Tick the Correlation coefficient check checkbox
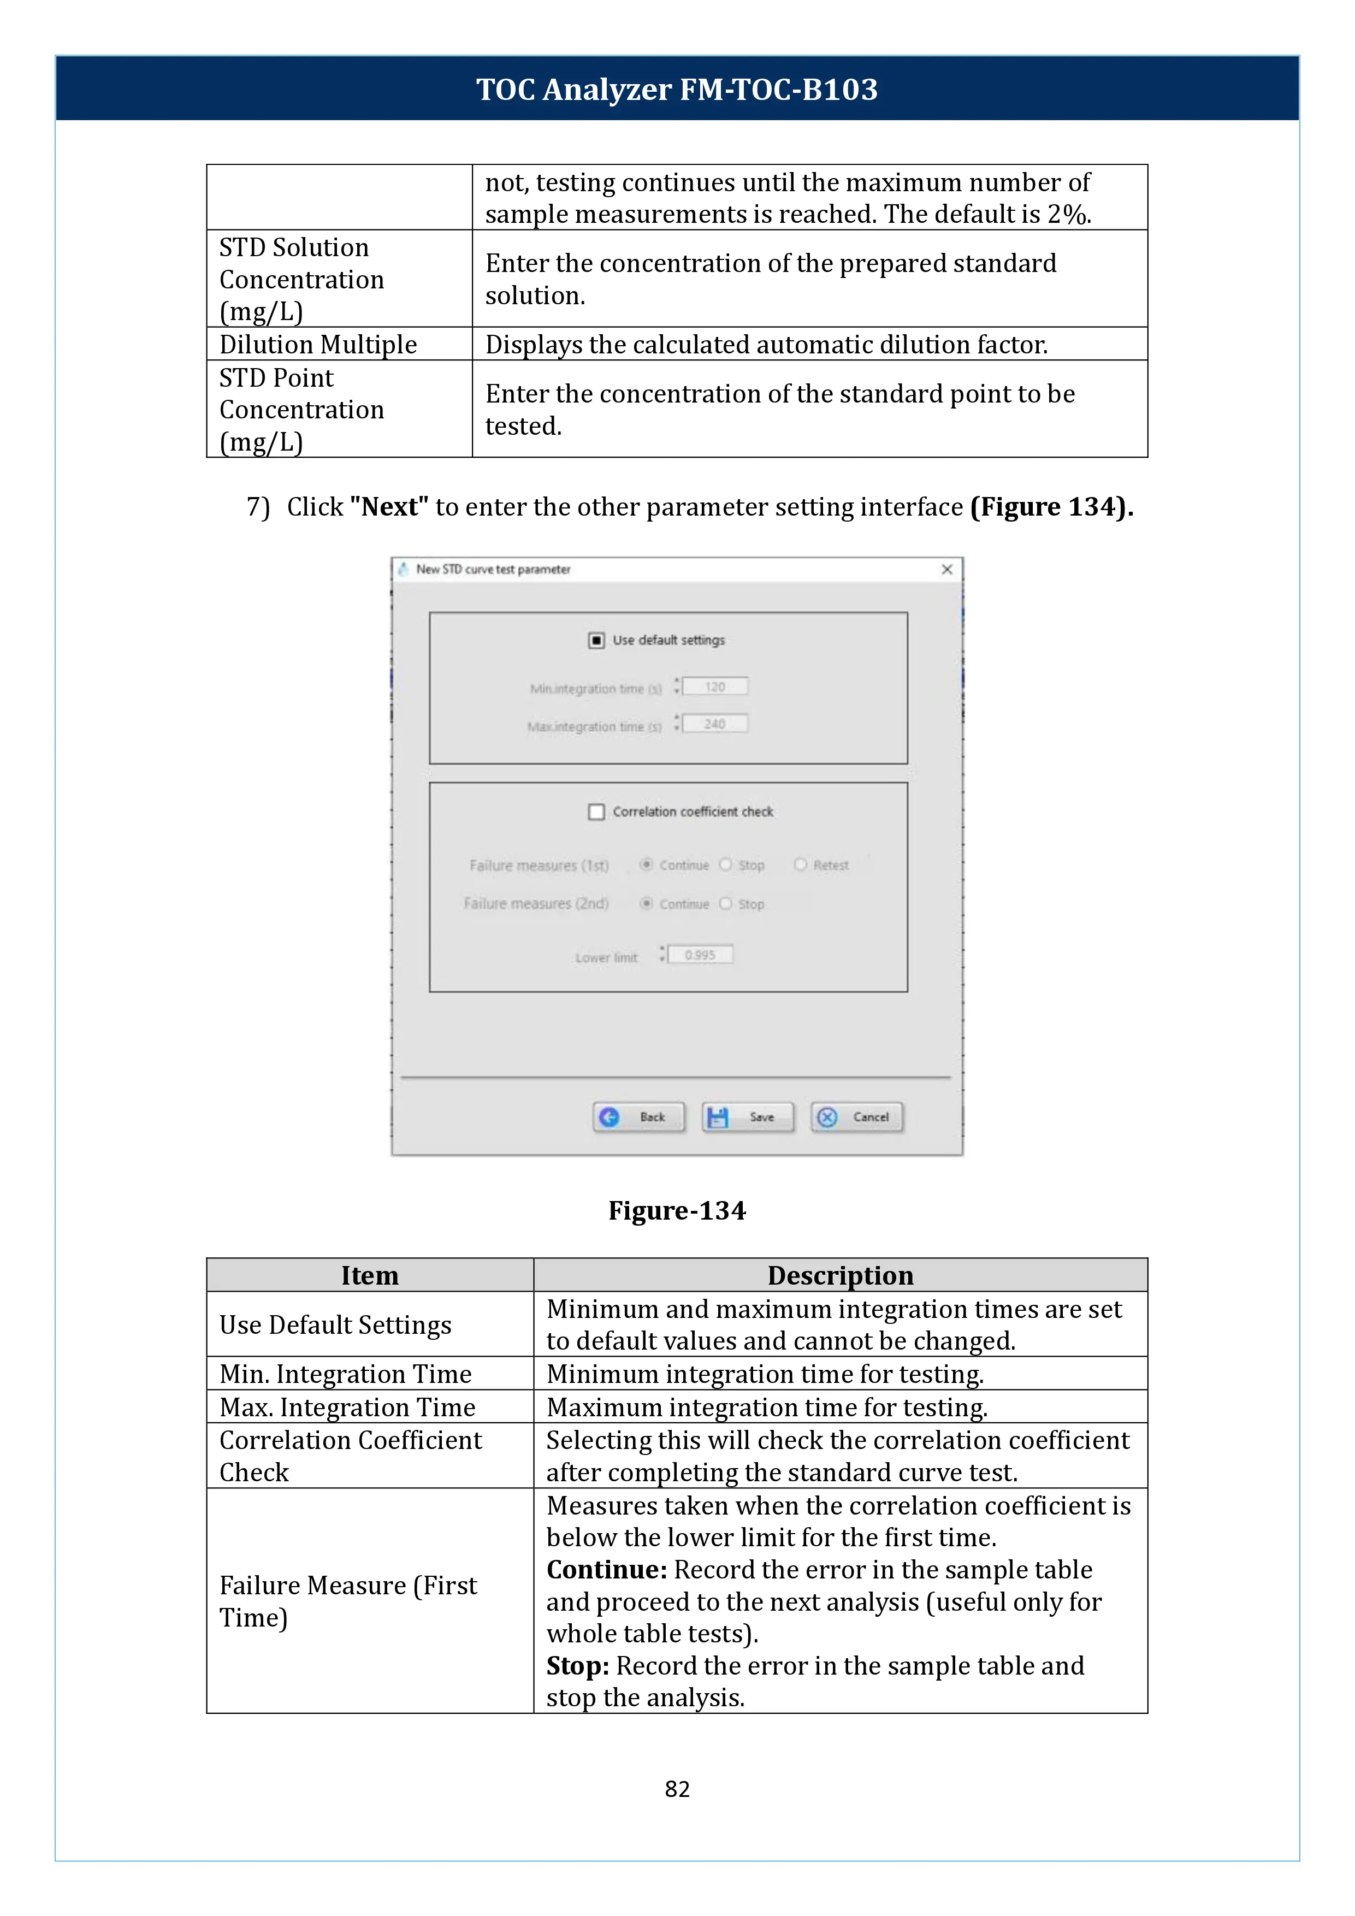pos(596,812)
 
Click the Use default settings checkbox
pos(596,640)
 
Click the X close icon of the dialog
pos(946,569)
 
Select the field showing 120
pos(715,687)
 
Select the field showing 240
pos(715,724)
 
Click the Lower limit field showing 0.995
pos(700,955)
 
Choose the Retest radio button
pos(800,865)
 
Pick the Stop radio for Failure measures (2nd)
pos(725,904)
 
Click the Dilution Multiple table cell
pos(318,345)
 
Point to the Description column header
pos(839,1275)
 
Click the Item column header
pos(370,1275)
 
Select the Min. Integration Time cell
pos(345,1374)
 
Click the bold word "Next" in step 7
pos(389,506)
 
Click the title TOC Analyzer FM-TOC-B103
pos(677,89)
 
